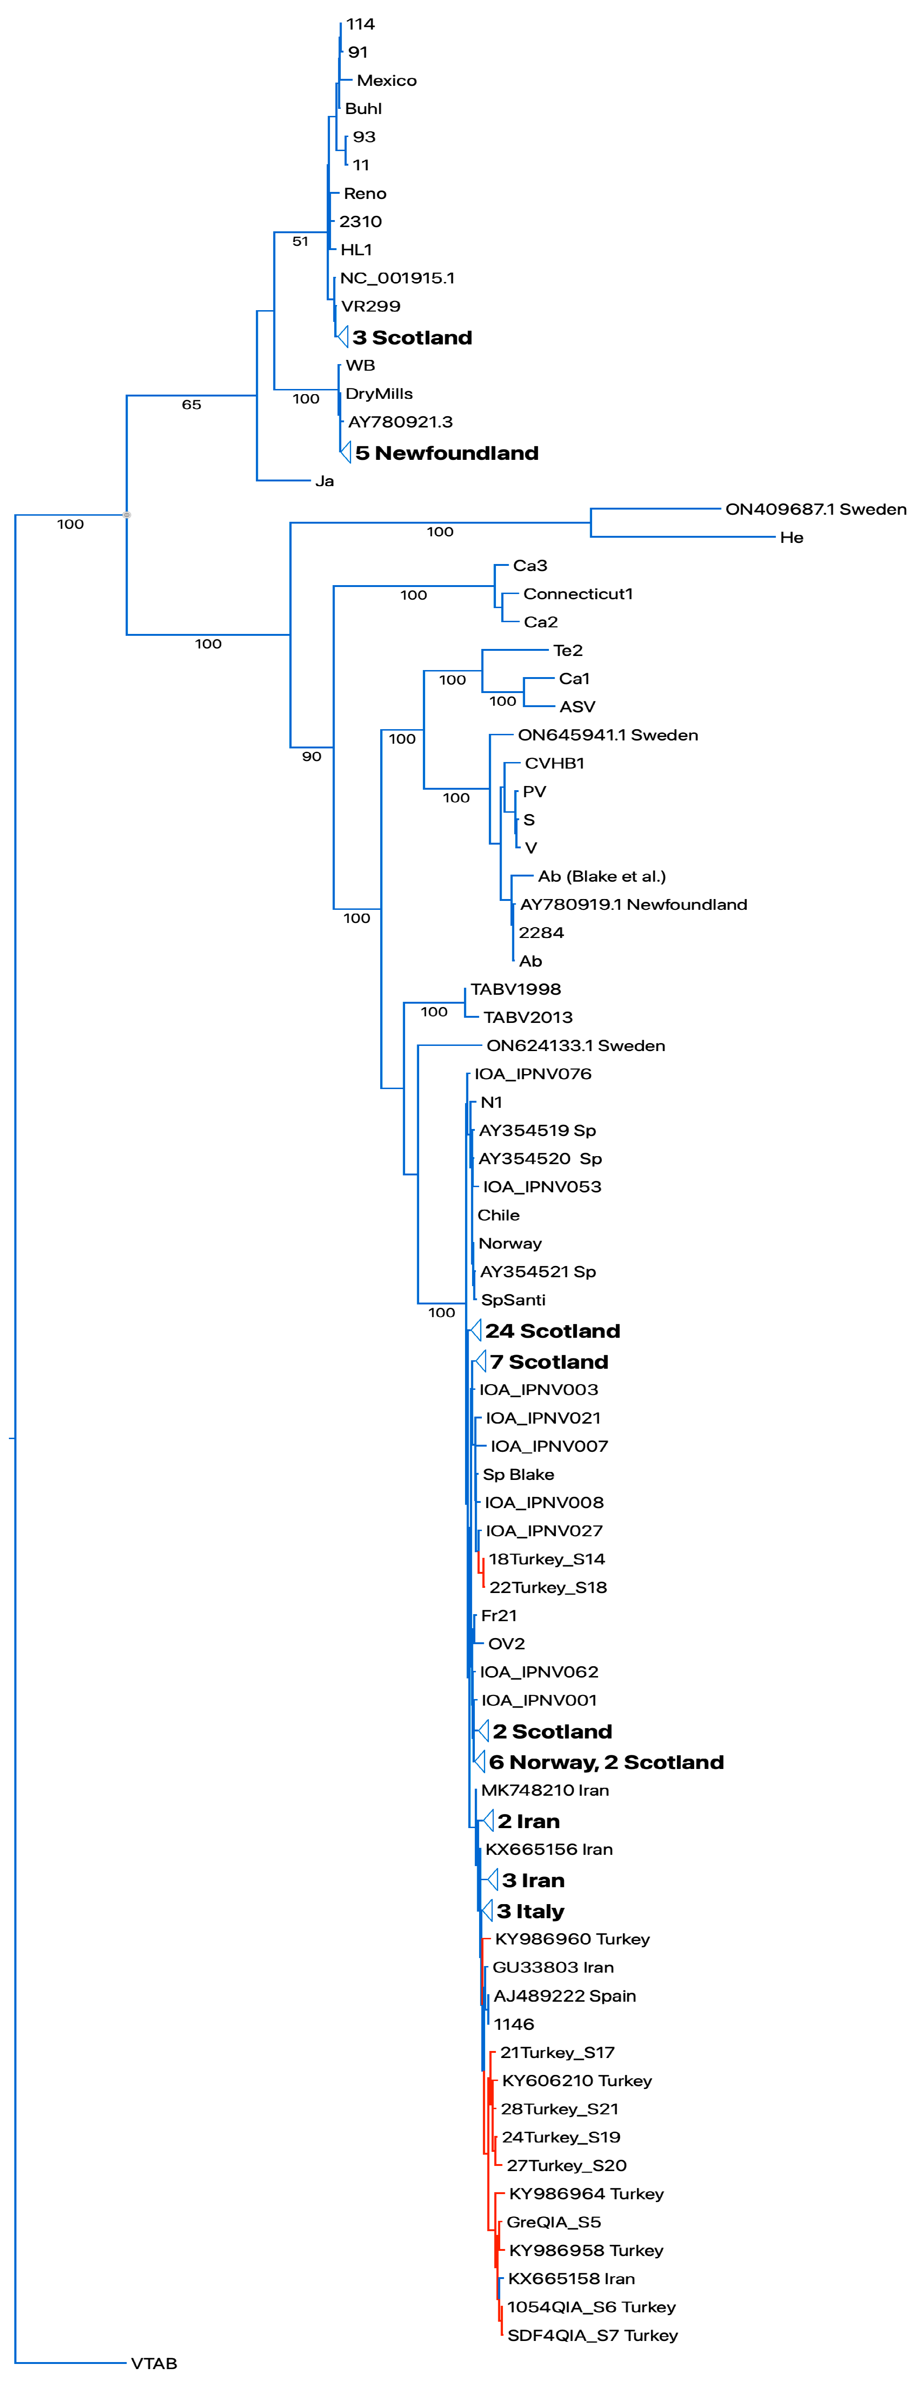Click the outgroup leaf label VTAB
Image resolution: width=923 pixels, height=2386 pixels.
click(154, 2363)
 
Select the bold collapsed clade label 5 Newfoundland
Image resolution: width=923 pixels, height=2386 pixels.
click(446, 453)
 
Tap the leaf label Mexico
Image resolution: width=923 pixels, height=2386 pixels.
click(386, 81)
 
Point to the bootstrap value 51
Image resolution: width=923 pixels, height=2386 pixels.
click(300, 242)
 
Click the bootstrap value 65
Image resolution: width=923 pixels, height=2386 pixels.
click(192, 405)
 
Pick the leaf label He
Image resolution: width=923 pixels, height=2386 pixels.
click(792, 537)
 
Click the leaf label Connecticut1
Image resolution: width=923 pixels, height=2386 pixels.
click(578, 594)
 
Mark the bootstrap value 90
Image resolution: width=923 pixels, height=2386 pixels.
click(312, 757)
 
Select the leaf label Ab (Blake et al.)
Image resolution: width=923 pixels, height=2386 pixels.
click(602, 876)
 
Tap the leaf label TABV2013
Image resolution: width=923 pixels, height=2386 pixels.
click(528, 1017)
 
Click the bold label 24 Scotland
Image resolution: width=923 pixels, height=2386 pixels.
click(553, 1331)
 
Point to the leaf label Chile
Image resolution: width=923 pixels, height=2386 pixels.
click(498, 1215)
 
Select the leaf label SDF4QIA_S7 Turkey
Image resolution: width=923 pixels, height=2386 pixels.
click(593, 2335)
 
